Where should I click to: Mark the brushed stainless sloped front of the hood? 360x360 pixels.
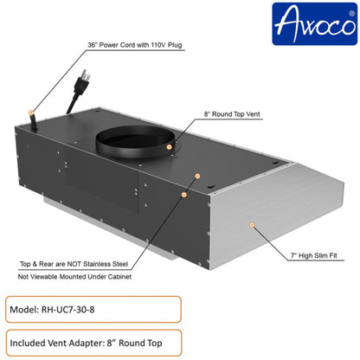(277, 208)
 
